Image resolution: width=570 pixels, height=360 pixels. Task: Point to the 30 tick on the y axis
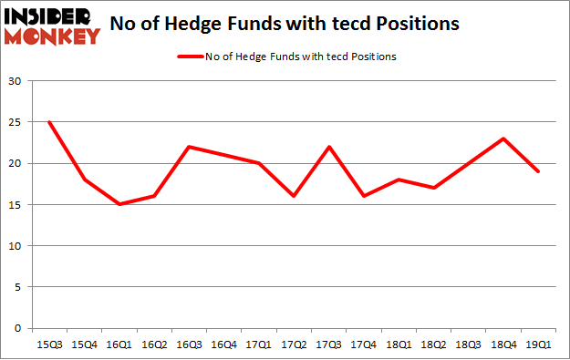click(16, 81)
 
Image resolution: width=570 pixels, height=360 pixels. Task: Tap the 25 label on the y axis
click(16, 122)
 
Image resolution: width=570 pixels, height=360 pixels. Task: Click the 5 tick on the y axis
click(19, 287)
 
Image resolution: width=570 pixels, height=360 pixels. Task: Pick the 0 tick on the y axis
click(19, 328)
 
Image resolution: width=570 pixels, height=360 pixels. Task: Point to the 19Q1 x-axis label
click(537, 344)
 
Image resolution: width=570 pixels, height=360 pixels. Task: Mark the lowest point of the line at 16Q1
click(118, 204)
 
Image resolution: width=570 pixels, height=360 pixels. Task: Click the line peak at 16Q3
click(188, 147)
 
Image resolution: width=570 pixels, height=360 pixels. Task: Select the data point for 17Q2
click(293, 196)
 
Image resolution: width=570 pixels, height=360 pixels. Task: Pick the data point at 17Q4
click(363, 196)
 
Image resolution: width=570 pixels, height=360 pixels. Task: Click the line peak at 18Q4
click(503, 139)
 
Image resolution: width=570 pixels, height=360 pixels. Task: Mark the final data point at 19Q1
click(537, 171)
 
